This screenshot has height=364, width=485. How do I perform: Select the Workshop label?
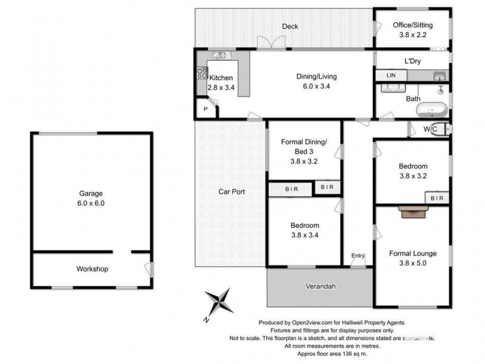point(92,269)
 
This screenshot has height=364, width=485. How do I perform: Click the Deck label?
point(290,27)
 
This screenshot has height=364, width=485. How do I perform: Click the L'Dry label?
point(413,62)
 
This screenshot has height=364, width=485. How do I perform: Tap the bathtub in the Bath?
point(431,111)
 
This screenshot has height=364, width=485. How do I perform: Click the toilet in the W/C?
point(443,129)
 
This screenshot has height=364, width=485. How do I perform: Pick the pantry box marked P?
point(206,110)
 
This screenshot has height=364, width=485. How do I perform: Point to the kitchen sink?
point(219,55)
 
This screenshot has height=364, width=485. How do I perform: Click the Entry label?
point(358,256)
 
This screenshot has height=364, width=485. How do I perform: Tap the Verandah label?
point(320,286)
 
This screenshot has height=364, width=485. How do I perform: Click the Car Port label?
point(231,192)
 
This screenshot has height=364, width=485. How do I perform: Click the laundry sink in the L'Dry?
point(440,76)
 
